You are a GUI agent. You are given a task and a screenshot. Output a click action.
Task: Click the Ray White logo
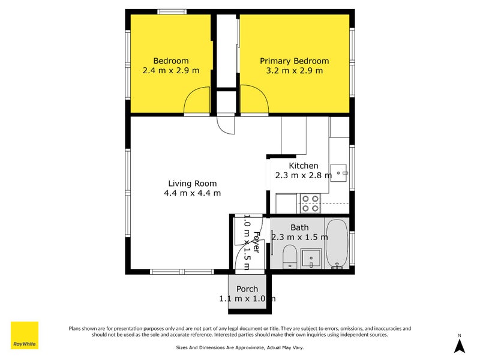(25, 335)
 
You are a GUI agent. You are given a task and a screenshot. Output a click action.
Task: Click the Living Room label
(192, 184)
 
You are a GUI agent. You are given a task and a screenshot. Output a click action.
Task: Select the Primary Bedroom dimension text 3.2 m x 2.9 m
(294, 71)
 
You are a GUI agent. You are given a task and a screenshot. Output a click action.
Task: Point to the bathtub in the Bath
(337, 244)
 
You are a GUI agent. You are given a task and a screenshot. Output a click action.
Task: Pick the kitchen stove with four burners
(310, 203)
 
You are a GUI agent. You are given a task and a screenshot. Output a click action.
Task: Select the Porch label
(247, 289)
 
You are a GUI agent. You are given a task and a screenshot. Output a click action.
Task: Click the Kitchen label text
(304, 166)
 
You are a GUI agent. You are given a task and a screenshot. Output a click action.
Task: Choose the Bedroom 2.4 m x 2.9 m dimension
(171, 71)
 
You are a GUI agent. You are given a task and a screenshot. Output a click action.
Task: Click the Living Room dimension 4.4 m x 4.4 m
(192, 193)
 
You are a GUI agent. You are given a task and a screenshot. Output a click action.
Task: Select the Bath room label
(299, 227)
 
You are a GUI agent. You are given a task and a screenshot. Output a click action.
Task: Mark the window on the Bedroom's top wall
(171, 11)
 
